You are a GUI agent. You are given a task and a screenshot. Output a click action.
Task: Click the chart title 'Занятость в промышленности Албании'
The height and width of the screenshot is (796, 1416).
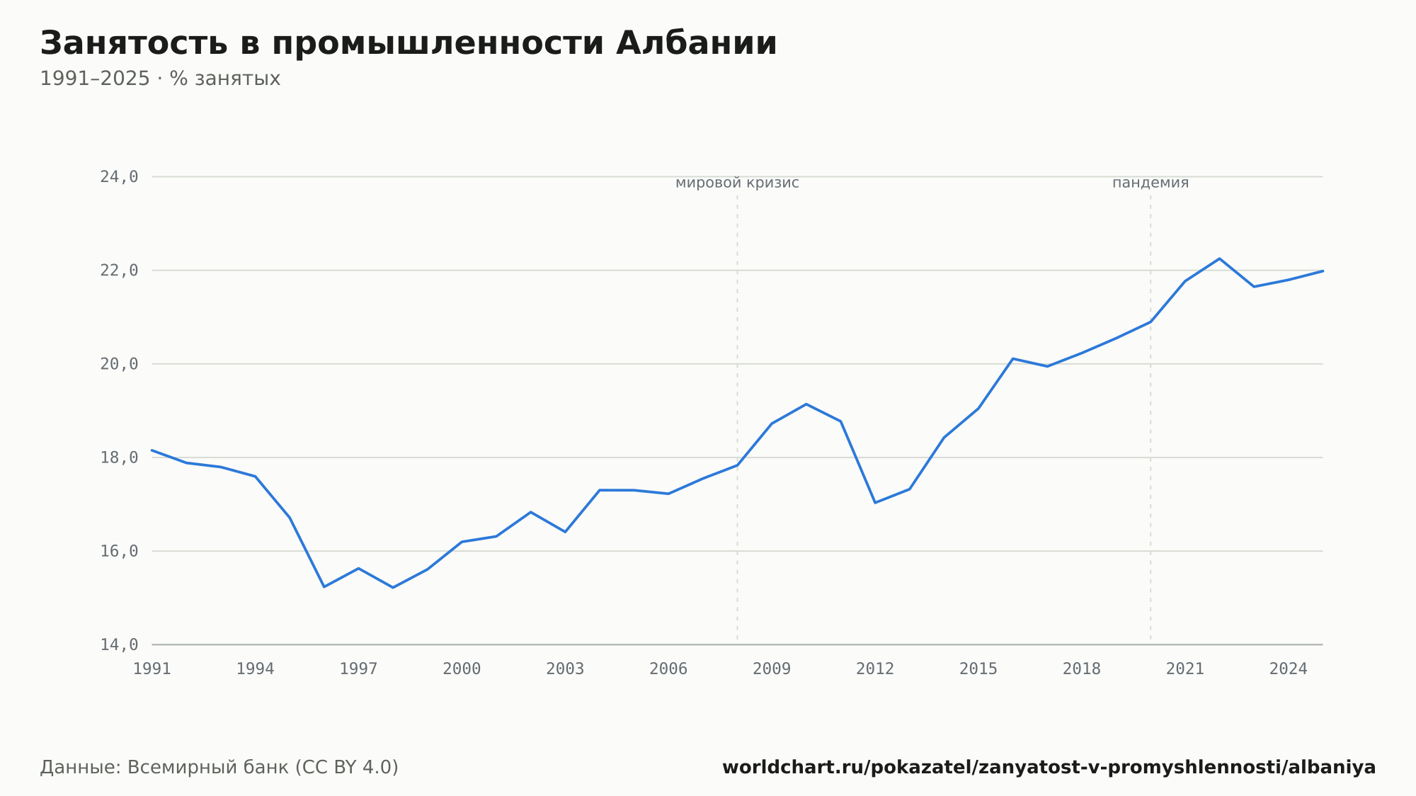[409, 44]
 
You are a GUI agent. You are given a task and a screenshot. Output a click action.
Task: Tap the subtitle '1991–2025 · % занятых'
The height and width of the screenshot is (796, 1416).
[160, 79]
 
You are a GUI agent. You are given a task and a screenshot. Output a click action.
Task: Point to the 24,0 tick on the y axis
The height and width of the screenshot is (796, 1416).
[119, 177]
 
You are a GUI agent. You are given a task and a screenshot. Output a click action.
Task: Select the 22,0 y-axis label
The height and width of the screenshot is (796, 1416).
[119, 271]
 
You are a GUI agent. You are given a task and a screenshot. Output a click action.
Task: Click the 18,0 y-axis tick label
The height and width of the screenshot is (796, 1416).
[119, 457]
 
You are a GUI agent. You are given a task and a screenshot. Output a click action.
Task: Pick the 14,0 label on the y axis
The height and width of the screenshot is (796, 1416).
[119, 644]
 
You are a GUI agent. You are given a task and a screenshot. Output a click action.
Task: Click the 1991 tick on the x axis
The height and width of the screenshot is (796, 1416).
[152, 669]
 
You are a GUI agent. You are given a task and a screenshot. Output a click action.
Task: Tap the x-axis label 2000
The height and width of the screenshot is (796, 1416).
[462, 669]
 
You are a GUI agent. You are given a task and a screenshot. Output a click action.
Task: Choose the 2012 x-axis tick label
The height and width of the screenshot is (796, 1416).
[875, 669]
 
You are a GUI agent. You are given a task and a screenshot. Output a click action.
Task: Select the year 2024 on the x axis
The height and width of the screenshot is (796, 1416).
[1289, 669]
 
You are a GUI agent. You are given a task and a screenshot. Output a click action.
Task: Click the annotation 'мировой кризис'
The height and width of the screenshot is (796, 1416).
[737, 183]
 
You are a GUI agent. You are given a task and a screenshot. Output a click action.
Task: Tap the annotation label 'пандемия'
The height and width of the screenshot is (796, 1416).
[1150, 183]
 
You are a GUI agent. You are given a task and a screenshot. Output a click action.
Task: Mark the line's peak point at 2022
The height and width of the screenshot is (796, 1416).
[1219, 258]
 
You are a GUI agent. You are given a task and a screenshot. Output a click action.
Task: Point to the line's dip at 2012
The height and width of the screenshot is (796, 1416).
[875, 503]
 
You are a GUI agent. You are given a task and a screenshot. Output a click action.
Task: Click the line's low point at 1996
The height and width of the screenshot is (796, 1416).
[324, 587]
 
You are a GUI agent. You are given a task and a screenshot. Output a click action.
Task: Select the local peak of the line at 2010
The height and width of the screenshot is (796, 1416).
[806, 404]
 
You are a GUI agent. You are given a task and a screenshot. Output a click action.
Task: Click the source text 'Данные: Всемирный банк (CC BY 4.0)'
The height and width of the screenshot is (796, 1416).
[219, 768]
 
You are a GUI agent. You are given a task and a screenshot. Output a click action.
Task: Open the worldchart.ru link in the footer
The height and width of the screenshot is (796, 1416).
[1049, 768]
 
